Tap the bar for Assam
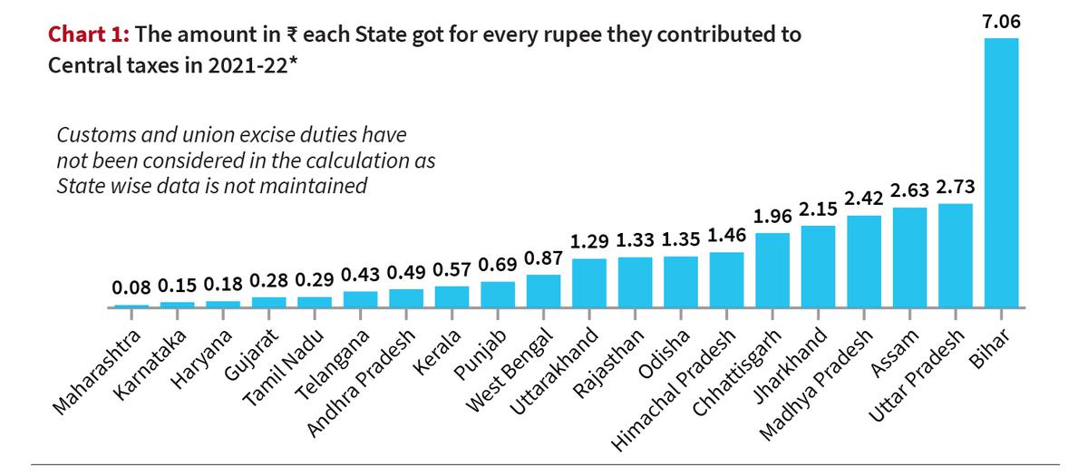click(x=909, y=257)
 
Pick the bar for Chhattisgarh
click(x=772, y=270)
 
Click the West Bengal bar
click(x=543, y=291)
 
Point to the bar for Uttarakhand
click(x=588, y=283)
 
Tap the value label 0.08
click(x=131, y=288)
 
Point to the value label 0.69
click(x=497, y=266)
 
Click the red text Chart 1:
click(x=89, y=35)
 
